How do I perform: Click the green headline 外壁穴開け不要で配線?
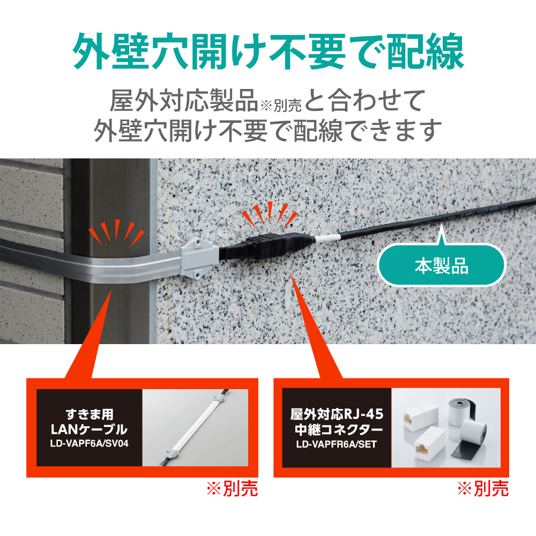tap(269, 51)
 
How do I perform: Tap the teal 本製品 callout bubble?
tap(441, 266)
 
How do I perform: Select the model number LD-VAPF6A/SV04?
tap(89, 444)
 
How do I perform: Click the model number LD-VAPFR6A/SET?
tap(337, 444)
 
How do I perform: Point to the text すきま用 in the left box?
tap(89, 414)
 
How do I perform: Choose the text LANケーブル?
tap(89, 429)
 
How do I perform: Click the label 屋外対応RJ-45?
tap(337, 414)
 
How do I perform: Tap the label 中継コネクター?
tap(337, 429)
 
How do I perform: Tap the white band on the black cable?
tap(327, 238)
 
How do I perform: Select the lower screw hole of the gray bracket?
tap(198, 274)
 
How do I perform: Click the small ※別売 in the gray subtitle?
tap(281, 105)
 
